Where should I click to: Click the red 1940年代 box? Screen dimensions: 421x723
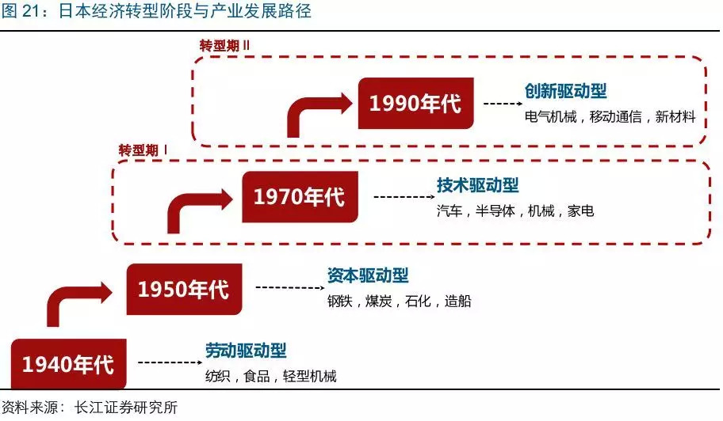68,365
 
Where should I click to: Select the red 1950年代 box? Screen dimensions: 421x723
184,289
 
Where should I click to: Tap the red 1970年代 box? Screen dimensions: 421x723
300,196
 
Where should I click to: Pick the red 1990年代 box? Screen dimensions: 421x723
416,104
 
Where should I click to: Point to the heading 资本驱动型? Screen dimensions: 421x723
368,276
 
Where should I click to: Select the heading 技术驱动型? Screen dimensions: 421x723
478,186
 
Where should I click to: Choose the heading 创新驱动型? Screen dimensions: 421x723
566,92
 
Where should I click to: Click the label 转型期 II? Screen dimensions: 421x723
225,44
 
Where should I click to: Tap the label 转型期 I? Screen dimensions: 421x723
143,150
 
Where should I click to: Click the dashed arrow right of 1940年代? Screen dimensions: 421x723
168,362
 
